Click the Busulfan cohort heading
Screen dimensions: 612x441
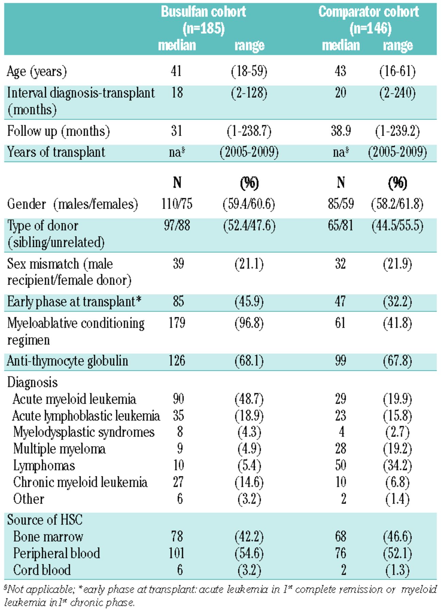[203, 20]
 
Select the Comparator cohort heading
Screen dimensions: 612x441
[369, 20]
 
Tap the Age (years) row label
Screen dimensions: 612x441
[37, 72]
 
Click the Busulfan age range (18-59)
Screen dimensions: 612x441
[249, 71]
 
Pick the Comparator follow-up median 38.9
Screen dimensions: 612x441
[341, 131]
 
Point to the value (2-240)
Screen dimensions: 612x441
[397, 93]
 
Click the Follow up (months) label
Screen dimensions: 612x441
[58, 131]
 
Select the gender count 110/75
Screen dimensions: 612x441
[177, 204]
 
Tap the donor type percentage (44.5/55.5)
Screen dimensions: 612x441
[397, 225]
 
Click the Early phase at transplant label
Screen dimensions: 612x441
[74, 302]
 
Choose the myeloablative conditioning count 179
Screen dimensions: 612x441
[177, 323]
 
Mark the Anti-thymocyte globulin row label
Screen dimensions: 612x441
[67, 361]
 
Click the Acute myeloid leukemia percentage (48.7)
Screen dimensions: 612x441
[249, 399]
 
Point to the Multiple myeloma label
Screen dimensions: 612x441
[59, 449]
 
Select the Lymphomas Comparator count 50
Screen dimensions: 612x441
[340, 465]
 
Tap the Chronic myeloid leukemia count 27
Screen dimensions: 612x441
[178, 482]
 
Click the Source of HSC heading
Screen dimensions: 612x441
[45, 520]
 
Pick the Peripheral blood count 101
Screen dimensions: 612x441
[176, 553]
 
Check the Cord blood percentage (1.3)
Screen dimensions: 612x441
[397, 570]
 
